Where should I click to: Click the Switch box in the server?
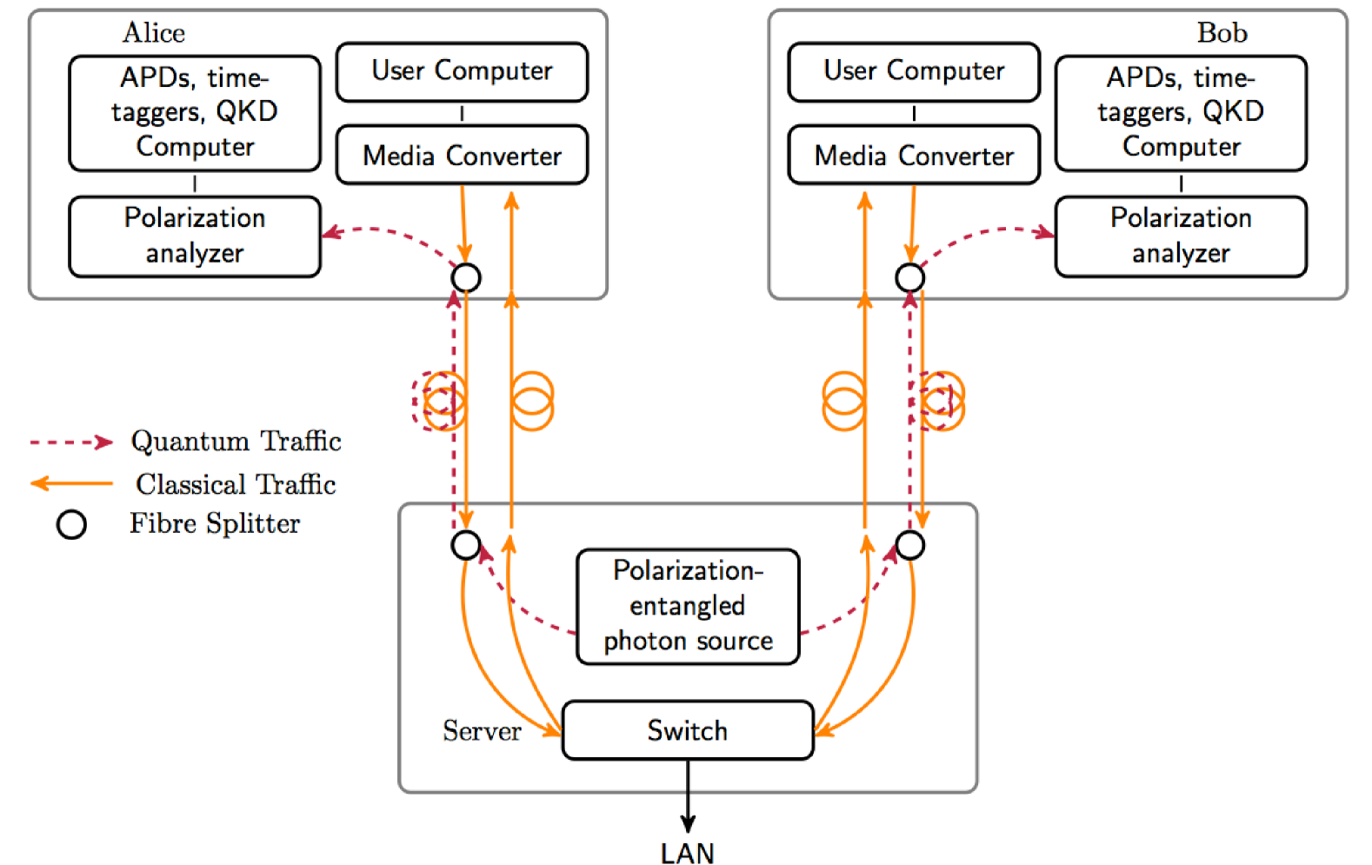tap(688, 730)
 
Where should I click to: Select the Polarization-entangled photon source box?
tap(688, 606)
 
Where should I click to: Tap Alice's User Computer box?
tap(462, 71)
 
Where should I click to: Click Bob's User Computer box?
tap(914, 71)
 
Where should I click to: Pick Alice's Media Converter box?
tap(462, 156)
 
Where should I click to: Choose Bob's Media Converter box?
tap(914, 156)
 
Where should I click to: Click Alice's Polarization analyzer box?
tap(195, 236)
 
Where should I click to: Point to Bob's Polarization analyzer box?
tap(1181, 236)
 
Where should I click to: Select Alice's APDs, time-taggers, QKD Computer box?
tap(195, 113)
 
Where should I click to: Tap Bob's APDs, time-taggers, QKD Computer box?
tap(1181, 113)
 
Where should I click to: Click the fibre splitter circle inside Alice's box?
tap(466, 277)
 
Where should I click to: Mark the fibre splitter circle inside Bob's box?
tap(910, 277)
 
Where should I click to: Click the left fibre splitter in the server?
tap(466, 545)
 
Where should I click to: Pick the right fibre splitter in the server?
tap(910, 545)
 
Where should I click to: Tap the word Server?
tap(482, 731)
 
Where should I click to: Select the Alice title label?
tap(154, 33)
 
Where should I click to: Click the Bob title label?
tap(1222, 33)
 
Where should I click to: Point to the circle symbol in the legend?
tap(71, 524)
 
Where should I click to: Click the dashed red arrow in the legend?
tap(71, 442)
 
